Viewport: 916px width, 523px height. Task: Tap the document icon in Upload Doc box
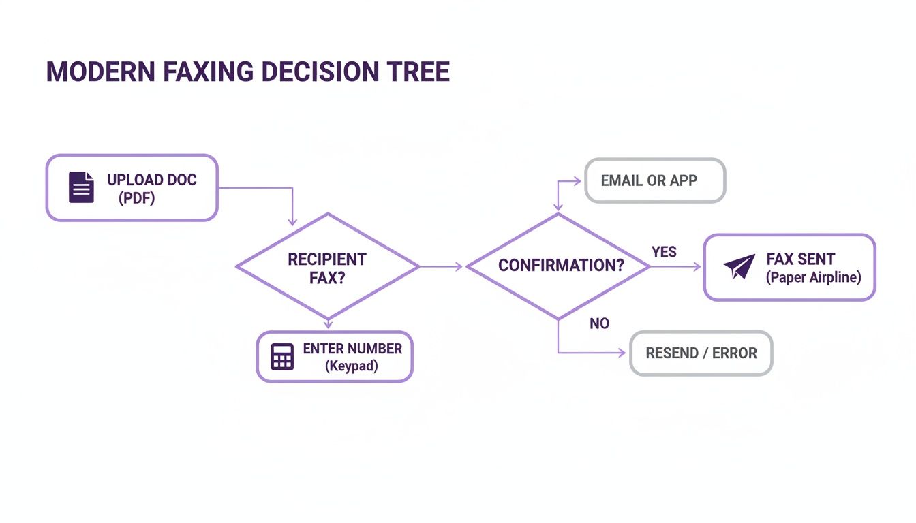(x=82, y=187)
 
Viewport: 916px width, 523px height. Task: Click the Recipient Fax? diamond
(x=328, y=267)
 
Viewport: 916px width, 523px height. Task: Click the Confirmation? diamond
(x=558, y=266)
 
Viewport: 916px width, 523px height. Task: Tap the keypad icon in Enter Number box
(x=282, y=357)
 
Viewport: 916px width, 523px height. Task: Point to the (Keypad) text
(x=352, y=366)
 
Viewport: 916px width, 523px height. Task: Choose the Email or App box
(x=655, y=181)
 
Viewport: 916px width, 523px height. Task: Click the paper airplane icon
(x=739, y=267)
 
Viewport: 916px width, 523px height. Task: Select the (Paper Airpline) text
(x=813, y=277)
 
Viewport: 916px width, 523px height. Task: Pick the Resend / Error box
(x=701, y=353)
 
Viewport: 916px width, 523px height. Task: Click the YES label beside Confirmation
(x=664, y=252)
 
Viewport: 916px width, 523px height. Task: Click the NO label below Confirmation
(x=599, y=323)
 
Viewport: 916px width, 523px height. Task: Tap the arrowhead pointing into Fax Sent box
(x=697, y=267)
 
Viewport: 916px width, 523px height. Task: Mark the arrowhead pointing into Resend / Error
(x=622, y=353)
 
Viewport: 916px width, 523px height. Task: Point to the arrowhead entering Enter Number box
(x=328, y=325)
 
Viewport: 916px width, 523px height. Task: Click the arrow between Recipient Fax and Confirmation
(x=442, y=267)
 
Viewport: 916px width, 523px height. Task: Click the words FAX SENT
(x=801, y=259)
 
